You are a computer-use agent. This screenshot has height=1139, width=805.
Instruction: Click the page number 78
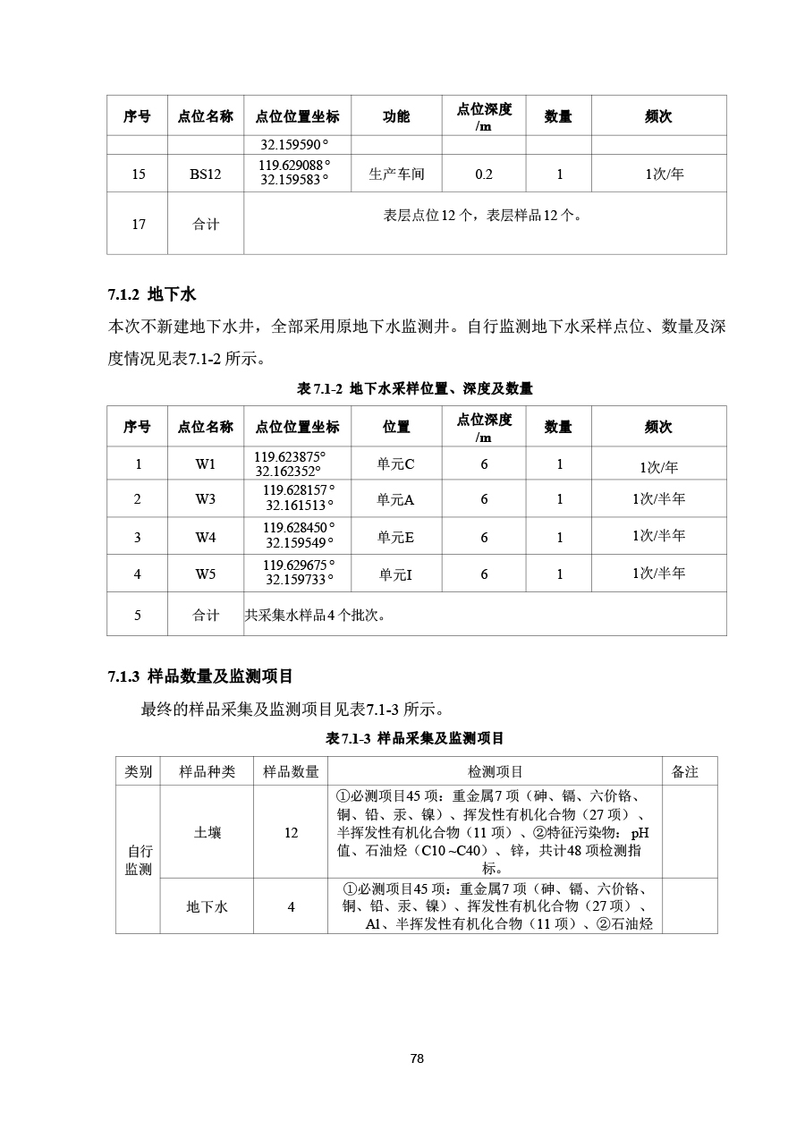[x=417, y=1058]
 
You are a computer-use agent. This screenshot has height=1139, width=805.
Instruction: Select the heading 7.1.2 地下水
[x=152, y=294]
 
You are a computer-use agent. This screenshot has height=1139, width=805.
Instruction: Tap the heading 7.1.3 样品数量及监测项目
[x=200, y=676]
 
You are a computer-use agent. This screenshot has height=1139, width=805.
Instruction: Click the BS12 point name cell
[x=205, y=174]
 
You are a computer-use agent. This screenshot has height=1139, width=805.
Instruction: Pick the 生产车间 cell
[x=396, y=174]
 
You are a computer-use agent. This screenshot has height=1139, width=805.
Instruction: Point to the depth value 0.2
[x=484, y=174]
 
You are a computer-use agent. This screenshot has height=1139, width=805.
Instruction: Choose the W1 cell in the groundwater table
[x=206, y=463]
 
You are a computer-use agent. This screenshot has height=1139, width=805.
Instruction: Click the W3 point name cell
[x=206, y=498]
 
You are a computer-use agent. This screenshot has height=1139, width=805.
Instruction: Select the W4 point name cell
[x=206, y=537]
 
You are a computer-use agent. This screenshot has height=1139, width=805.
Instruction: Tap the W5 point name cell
[x=206, y=574]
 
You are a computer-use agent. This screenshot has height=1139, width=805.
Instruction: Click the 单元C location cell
[x=395, y=464]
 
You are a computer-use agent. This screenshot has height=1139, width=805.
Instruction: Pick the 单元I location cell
[x=395, y=574]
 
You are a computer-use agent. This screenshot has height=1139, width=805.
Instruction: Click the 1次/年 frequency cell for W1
[x=658, y=467]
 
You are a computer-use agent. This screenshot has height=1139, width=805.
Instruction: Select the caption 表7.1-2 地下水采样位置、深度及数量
[x=415, y=388]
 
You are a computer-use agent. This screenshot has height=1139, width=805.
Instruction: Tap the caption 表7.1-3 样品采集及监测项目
[x=415, y=738]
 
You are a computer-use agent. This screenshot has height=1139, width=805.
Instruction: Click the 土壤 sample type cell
[x=208, y=832]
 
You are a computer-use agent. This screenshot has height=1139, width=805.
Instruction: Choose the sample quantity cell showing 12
[x=291, y=832]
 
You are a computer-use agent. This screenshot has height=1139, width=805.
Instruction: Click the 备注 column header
[x=685, y=771]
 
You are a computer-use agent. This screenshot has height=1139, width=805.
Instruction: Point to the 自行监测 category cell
[x=139, y=860]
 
